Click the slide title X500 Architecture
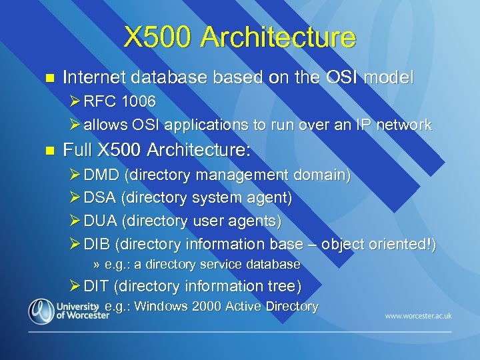[239, 37]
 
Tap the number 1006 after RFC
[138, 102]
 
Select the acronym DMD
[102, 175]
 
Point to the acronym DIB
[97, 244]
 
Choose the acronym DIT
[97, 287]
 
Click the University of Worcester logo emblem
[41, 311]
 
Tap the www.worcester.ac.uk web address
[417, 315]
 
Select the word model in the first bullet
[391, 77]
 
